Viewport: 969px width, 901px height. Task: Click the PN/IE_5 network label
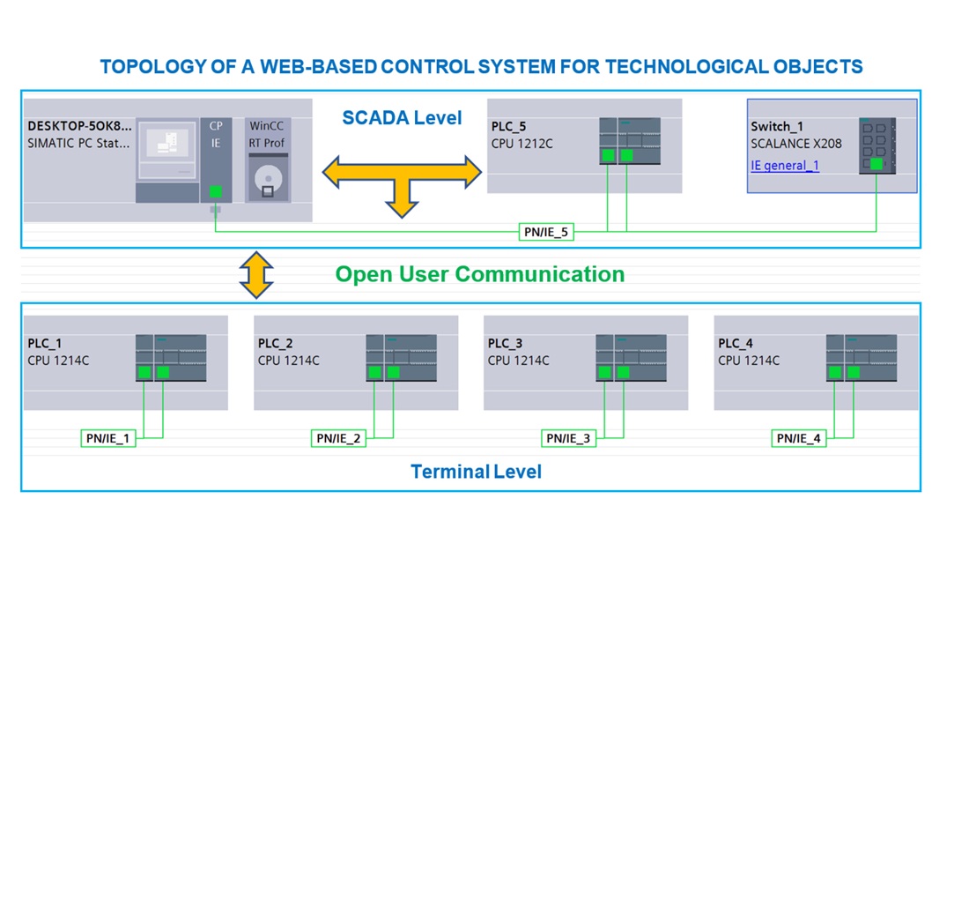[546, 233]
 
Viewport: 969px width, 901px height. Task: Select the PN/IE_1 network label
[108, 438]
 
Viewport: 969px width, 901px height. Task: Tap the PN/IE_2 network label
[338, 438]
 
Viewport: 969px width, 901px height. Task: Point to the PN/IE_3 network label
[568, 438]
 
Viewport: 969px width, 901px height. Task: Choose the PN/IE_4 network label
[799, 438]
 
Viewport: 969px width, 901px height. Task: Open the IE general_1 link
[784, 166]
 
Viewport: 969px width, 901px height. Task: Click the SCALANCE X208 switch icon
[877, 145]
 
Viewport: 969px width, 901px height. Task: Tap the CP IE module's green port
[216, 191]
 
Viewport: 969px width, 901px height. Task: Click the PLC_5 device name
[508, 127]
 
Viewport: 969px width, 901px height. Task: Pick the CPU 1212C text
[521, 144]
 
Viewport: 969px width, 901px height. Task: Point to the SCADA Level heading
[402, 118]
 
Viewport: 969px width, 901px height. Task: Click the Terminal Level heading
[476, 472]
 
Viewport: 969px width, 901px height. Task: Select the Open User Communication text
[479, 274]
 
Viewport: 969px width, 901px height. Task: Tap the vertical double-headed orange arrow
[256, 274]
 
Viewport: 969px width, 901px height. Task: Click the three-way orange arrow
[402, 176]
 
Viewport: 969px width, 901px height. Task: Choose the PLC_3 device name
[505, 344]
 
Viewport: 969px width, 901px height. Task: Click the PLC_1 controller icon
[171, 357]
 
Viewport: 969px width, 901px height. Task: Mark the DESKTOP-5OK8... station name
[79, 126]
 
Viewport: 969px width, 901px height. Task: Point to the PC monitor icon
[167, 145]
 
